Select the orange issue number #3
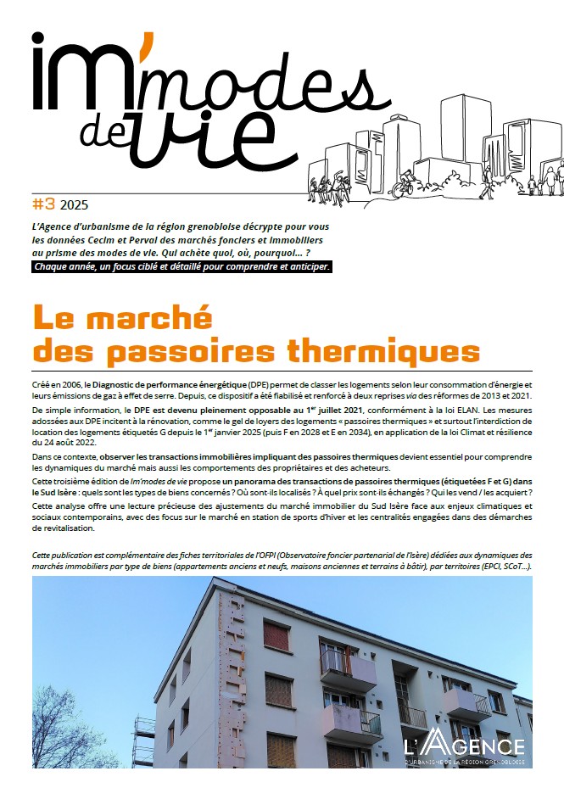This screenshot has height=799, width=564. pyautogui.click(x=43, y=204)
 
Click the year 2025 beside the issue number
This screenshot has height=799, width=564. pyautogui.click(x=74, y=204)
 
